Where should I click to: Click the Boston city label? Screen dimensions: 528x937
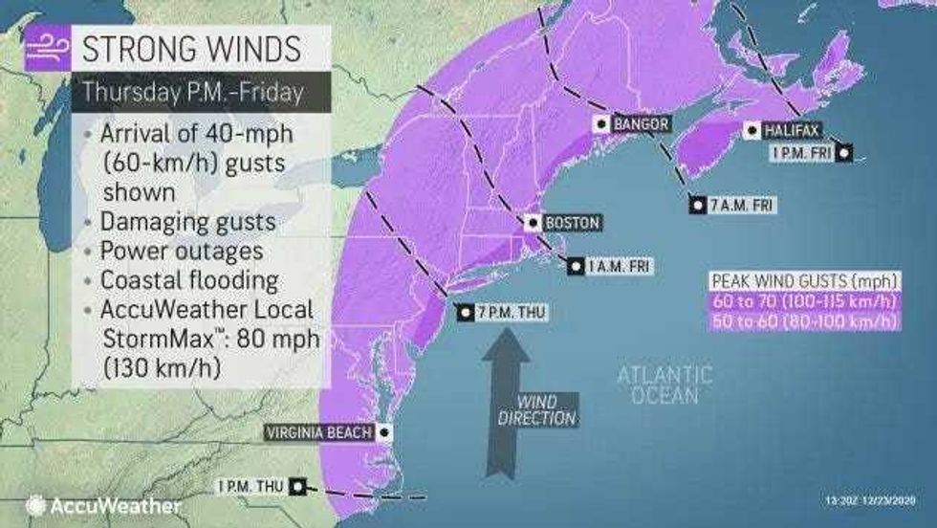(571, 223)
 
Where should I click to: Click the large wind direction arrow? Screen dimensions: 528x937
(505, 383)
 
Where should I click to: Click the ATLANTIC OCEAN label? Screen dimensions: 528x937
(664, 384)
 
